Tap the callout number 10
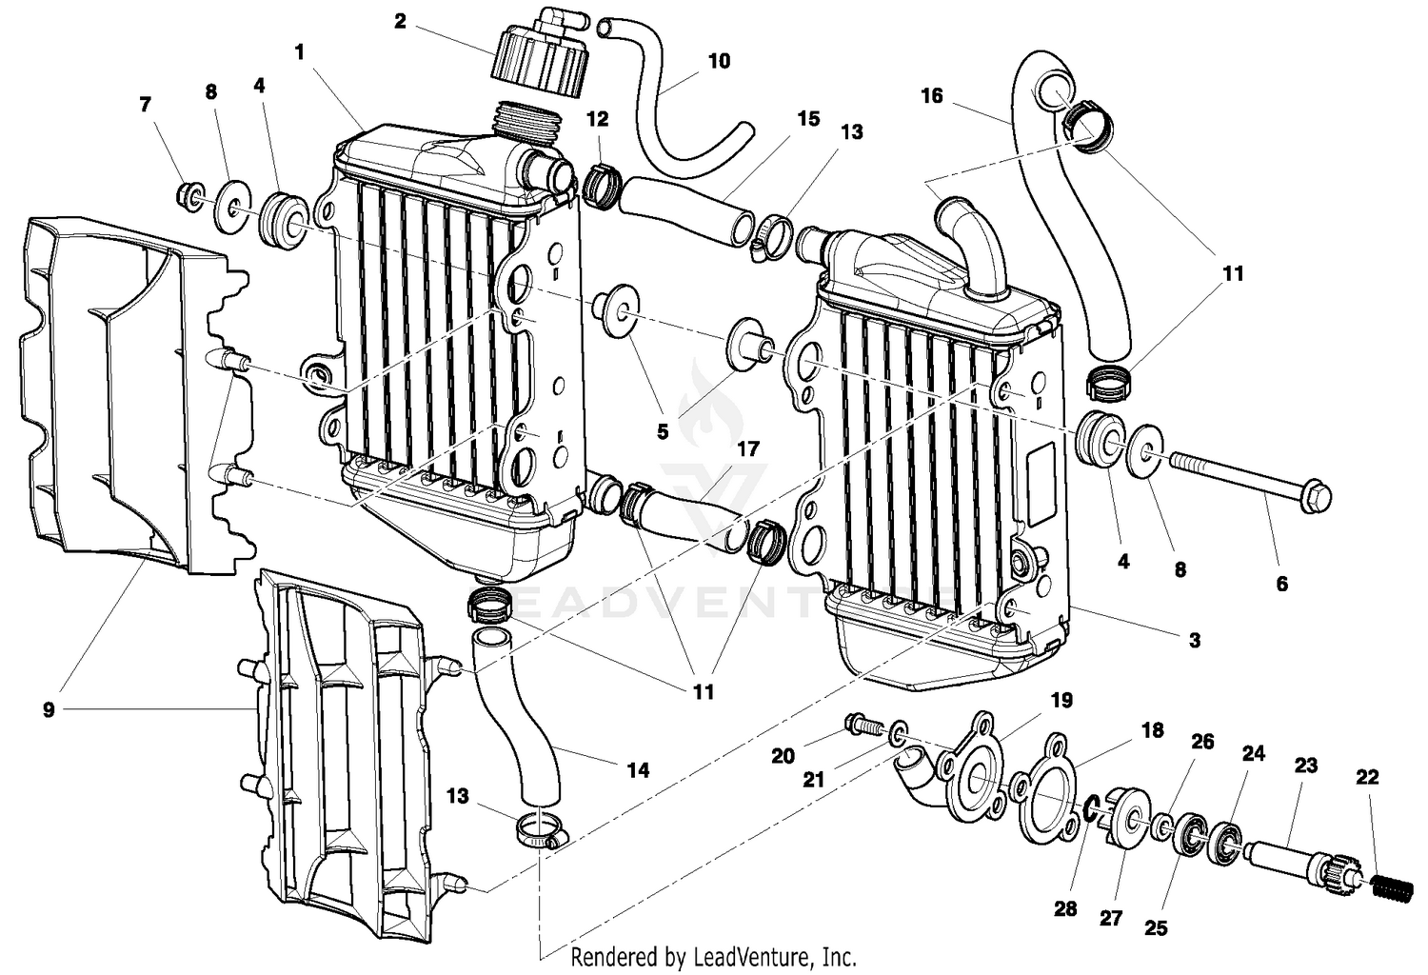pyautogui.click(x=719, y=61)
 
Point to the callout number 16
pyautogui.click(x=931, y=95)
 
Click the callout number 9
pyautogui.click(x=49, y=709)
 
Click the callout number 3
pyautogui.click(x=1195, y=641)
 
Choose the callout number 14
pyautogui.click(x=638, y=769)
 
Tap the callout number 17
pyautogui.click(x=748, y=448)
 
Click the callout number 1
pyautogui.click(x=300, y=52)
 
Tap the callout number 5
pyautogui.click(x=663, y=431)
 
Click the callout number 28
pyautogui.click(x=1065, y=908)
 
